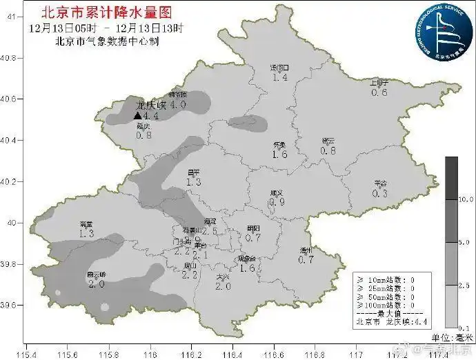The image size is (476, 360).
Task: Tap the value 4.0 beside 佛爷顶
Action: [178, 105]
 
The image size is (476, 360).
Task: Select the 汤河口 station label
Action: [279, 68]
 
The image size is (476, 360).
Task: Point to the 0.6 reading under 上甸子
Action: [379, 92]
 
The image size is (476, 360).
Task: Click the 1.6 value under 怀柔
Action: [279, 154]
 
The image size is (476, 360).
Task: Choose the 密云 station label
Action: [328, 141]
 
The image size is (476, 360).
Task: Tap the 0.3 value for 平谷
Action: [379, 194]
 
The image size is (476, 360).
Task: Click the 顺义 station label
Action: [277, 193]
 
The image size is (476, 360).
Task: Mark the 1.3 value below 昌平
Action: [193, 182]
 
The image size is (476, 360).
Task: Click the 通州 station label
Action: [306, 250]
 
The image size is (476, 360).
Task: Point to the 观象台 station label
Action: [246, 259]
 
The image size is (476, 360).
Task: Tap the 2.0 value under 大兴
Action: [222, 286]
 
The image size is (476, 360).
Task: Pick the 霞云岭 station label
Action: [96, 274]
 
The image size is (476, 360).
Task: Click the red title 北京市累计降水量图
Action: [106, 12]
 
